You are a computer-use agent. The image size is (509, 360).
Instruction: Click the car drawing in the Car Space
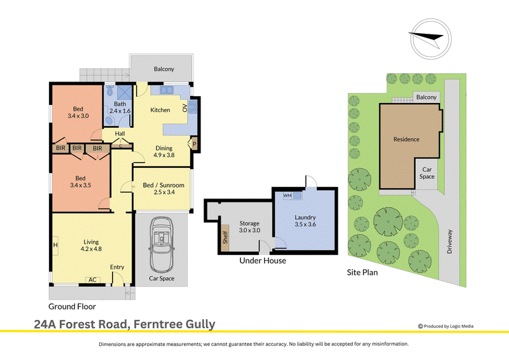point(162,245)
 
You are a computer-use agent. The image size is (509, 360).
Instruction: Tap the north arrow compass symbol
point(431,39)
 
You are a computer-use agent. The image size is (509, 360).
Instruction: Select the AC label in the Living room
point(92,280)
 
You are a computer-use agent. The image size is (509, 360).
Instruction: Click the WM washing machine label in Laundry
point(288,196)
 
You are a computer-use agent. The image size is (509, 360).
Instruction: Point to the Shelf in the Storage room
point(225,237)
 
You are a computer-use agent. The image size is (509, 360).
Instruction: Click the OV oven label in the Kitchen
point(185,107)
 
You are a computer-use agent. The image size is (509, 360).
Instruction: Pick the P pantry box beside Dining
point(194,144)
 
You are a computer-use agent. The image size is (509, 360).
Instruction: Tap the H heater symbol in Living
point(55,245)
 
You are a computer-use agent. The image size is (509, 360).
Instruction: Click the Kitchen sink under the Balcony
point(166,90)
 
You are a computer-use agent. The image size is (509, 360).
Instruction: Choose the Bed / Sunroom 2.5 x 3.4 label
point(164,189)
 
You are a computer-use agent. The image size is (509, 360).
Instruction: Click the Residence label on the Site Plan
point(407,139)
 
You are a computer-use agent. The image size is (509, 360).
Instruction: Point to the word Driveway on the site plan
point(450,242)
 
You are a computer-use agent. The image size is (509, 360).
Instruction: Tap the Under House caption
point(263,261)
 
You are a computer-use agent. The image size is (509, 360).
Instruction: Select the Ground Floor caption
point(72,307)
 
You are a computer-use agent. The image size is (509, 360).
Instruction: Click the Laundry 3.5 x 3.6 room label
point(305,221)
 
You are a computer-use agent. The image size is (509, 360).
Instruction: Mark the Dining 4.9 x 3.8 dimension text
point(164,151)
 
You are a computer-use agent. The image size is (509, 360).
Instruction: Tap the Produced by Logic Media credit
point(446,326)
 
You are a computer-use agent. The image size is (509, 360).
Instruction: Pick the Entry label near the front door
point(117,267)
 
